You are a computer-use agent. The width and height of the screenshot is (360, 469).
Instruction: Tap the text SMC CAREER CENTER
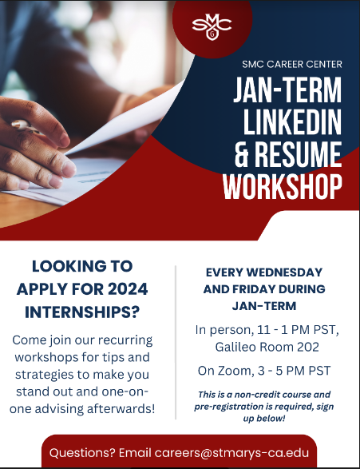pos(292,64)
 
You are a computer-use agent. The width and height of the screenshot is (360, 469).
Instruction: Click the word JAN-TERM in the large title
pos(287,90)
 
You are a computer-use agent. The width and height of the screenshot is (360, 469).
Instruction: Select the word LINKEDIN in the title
pos(292,122)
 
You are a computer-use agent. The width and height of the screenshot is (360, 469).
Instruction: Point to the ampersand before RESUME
pos(241,155)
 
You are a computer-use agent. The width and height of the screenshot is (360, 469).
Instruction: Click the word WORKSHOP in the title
pos(282,187)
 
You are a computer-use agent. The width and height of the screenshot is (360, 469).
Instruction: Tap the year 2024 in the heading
pos(128,289)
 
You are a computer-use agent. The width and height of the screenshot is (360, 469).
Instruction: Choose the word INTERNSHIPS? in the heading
pos(82,312)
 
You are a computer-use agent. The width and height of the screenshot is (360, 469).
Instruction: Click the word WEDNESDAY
pos(284,272)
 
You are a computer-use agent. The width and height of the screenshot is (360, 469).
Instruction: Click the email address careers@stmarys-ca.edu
pos(231,452)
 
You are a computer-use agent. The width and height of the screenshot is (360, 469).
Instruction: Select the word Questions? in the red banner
pos(82,452)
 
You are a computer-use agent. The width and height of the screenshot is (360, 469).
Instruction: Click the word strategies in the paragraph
pos(44,375)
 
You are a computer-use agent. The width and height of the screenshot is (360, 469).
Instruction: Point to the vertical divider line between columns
pos(176,342)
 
